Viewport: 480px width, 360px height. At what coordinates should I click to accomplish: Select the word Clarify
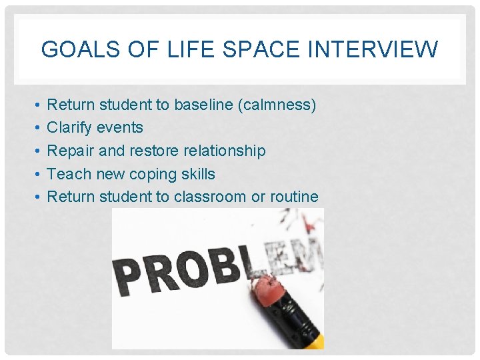pos(69,127)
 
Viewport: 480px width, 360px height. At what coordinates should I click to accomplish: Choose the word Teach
pos(69,174)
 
